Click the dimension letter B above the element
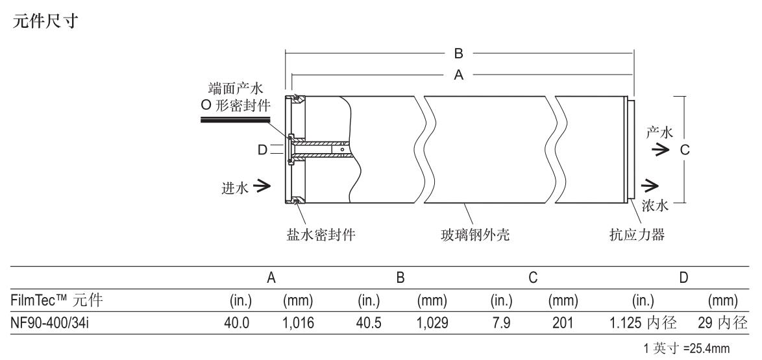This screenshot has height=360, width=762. coord(458,53)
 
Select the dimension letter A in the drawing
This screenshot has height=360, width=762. coord(458,75)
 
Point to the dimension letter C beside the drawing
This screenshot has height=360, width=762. coord(683,150)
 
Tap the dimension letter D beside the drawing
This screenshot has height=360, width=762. coord(262,150)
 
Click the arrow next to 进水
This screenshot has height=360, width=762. coord(262,186)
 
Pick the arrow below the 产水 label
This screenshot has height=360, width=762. coord(661,150)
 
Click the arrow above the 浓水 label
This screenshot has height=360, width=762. coord(650,187)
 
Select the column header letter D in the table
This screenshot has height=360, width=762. coord(683,278)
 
